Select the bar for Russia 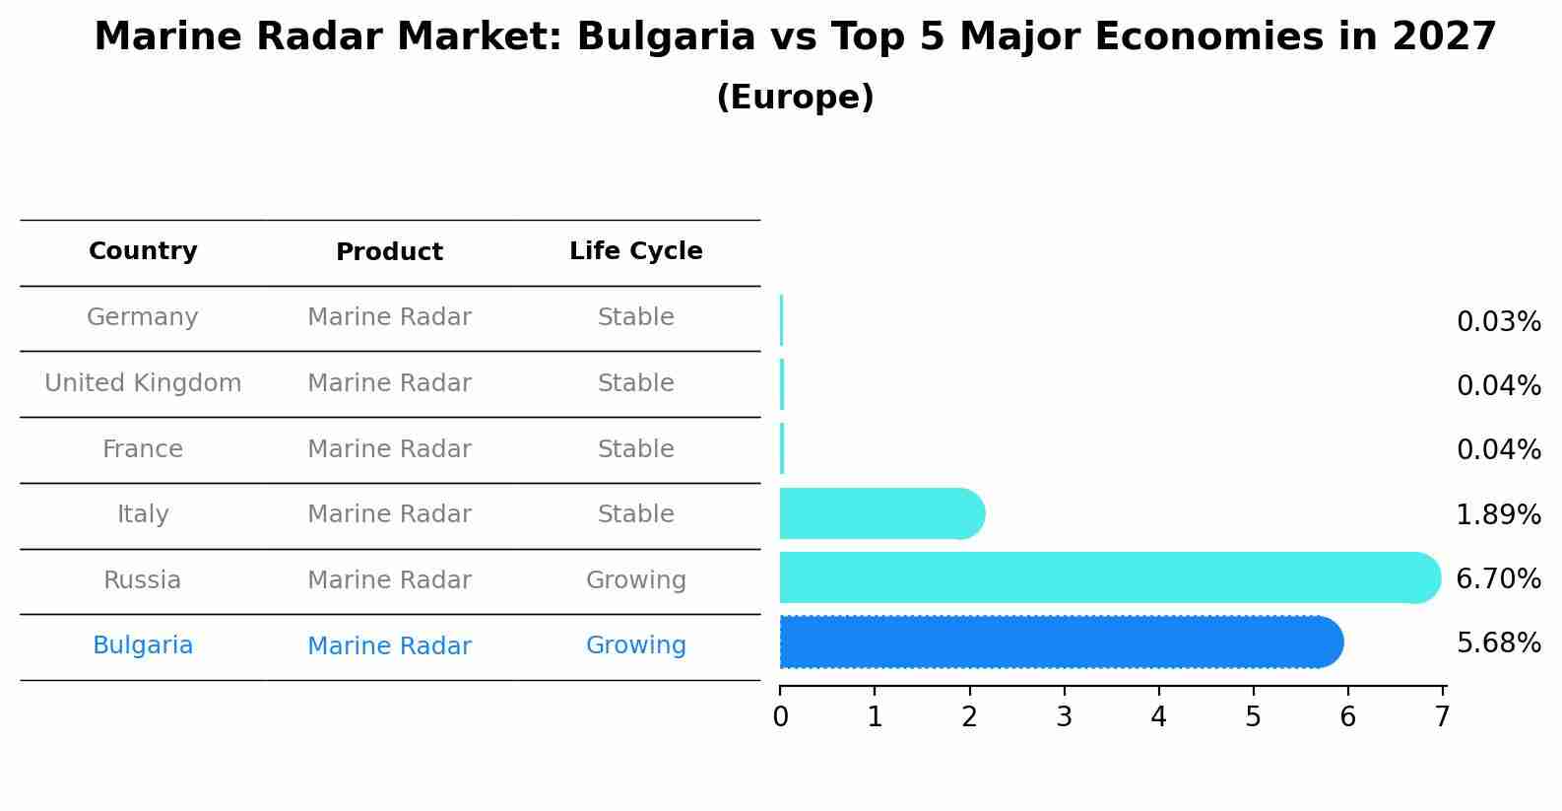(1109, 577)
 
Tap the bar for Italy (881, 513)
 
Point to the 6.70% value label (1498, 578)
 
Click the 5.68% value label (1498, 643)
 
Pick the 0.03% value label (1498, 322)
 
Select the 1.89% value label (1498, 514)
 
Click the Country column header (143, 251)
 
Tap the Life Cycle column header (635, 251)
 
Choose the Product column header (389, 252)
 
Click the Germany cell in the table (143, 317)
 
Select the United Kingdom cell (143, 383)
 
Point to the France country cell (143, 449)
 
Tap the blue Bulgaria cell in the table (143, 645)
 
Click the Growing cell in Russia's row (635, 580)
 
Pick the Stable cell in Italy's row (635, 514)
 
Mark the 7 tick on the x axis (1442, 716)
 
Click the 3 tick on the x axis (1064, 716)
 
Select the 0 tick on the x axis (780, 716)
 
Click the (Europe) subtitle (795, 98)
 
